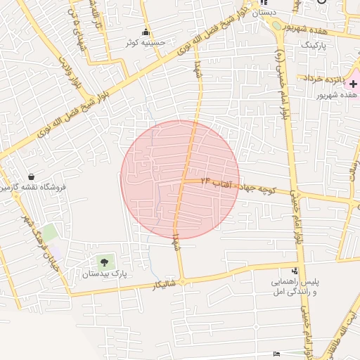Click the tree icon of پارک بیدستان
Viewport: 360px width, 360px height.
(106, 262)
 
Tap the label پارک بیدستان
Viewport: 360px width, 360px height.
(106, 274)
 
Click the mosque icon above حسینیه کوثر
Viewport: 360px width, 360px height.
(146, 32)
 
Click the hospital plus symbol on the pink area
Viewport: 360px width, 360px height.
(353, 84)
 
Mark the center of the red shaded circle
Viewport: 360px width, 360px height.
(180, 179)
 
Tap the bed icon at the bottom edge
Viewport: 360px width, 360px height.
(276, 352)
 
